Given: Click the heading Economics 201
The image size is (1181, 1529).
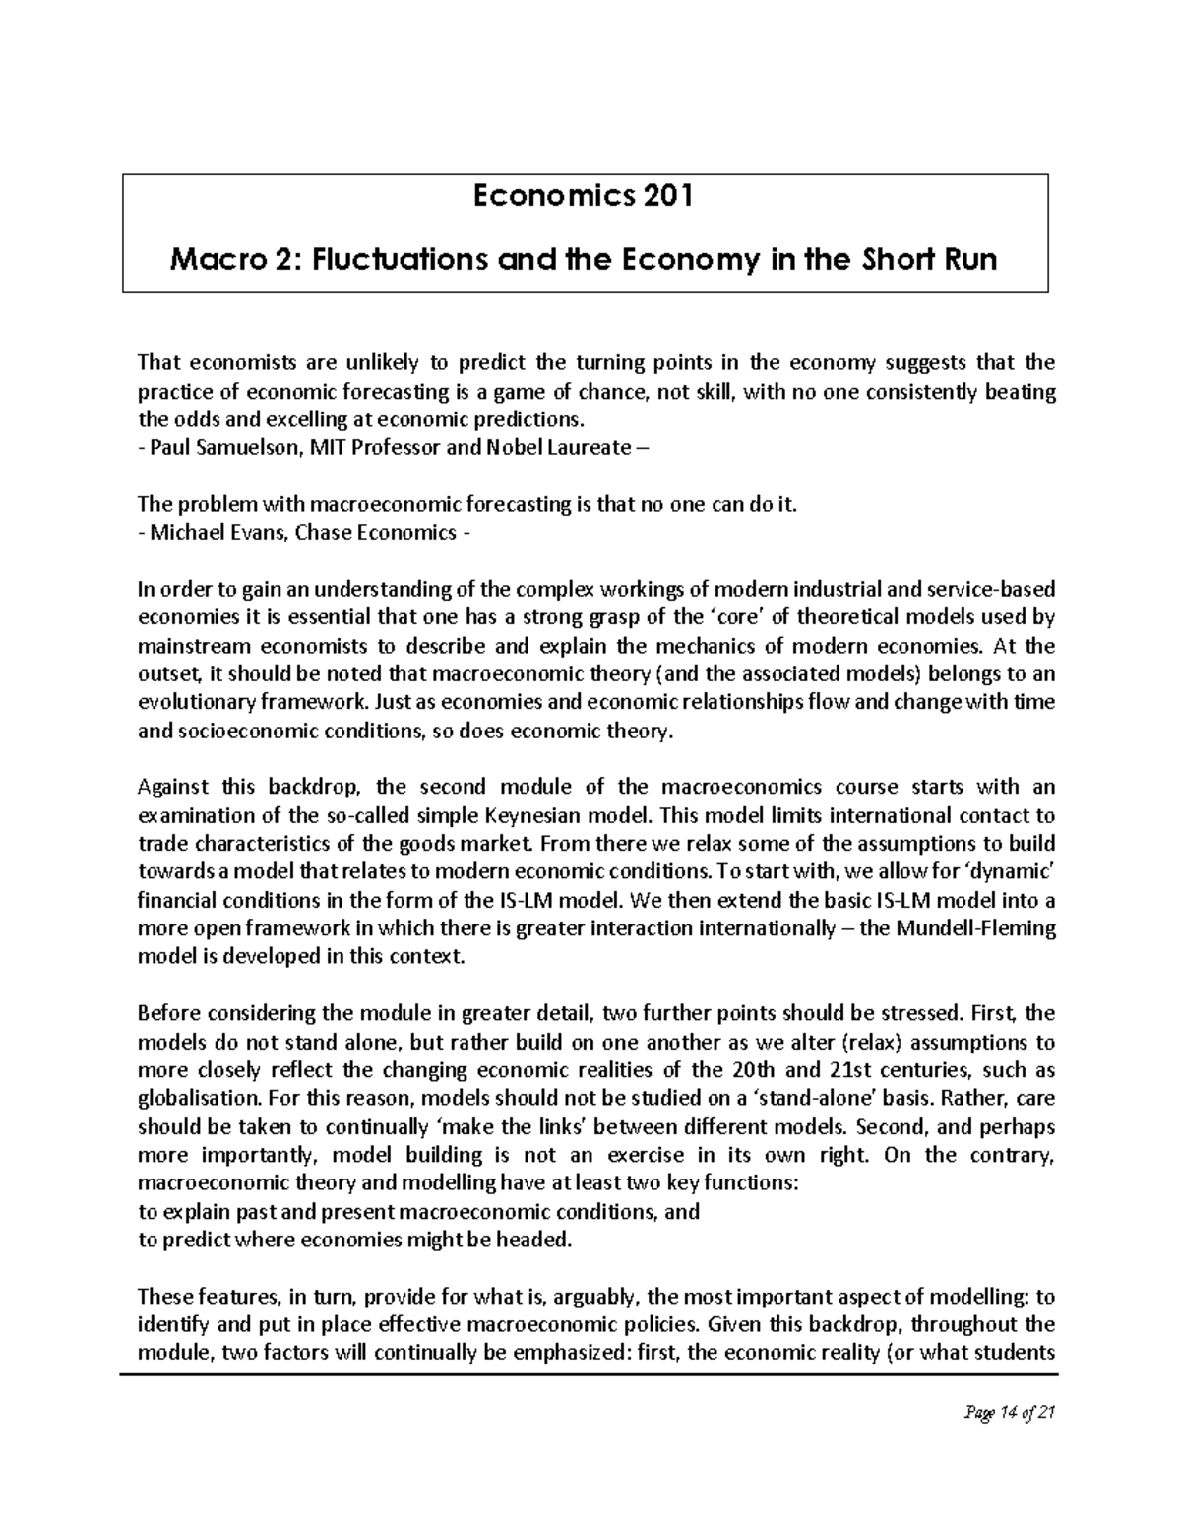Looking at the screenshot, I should click(584, 197).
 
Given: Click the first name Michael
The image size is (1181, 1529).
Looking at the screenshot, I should click(182, 534).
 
